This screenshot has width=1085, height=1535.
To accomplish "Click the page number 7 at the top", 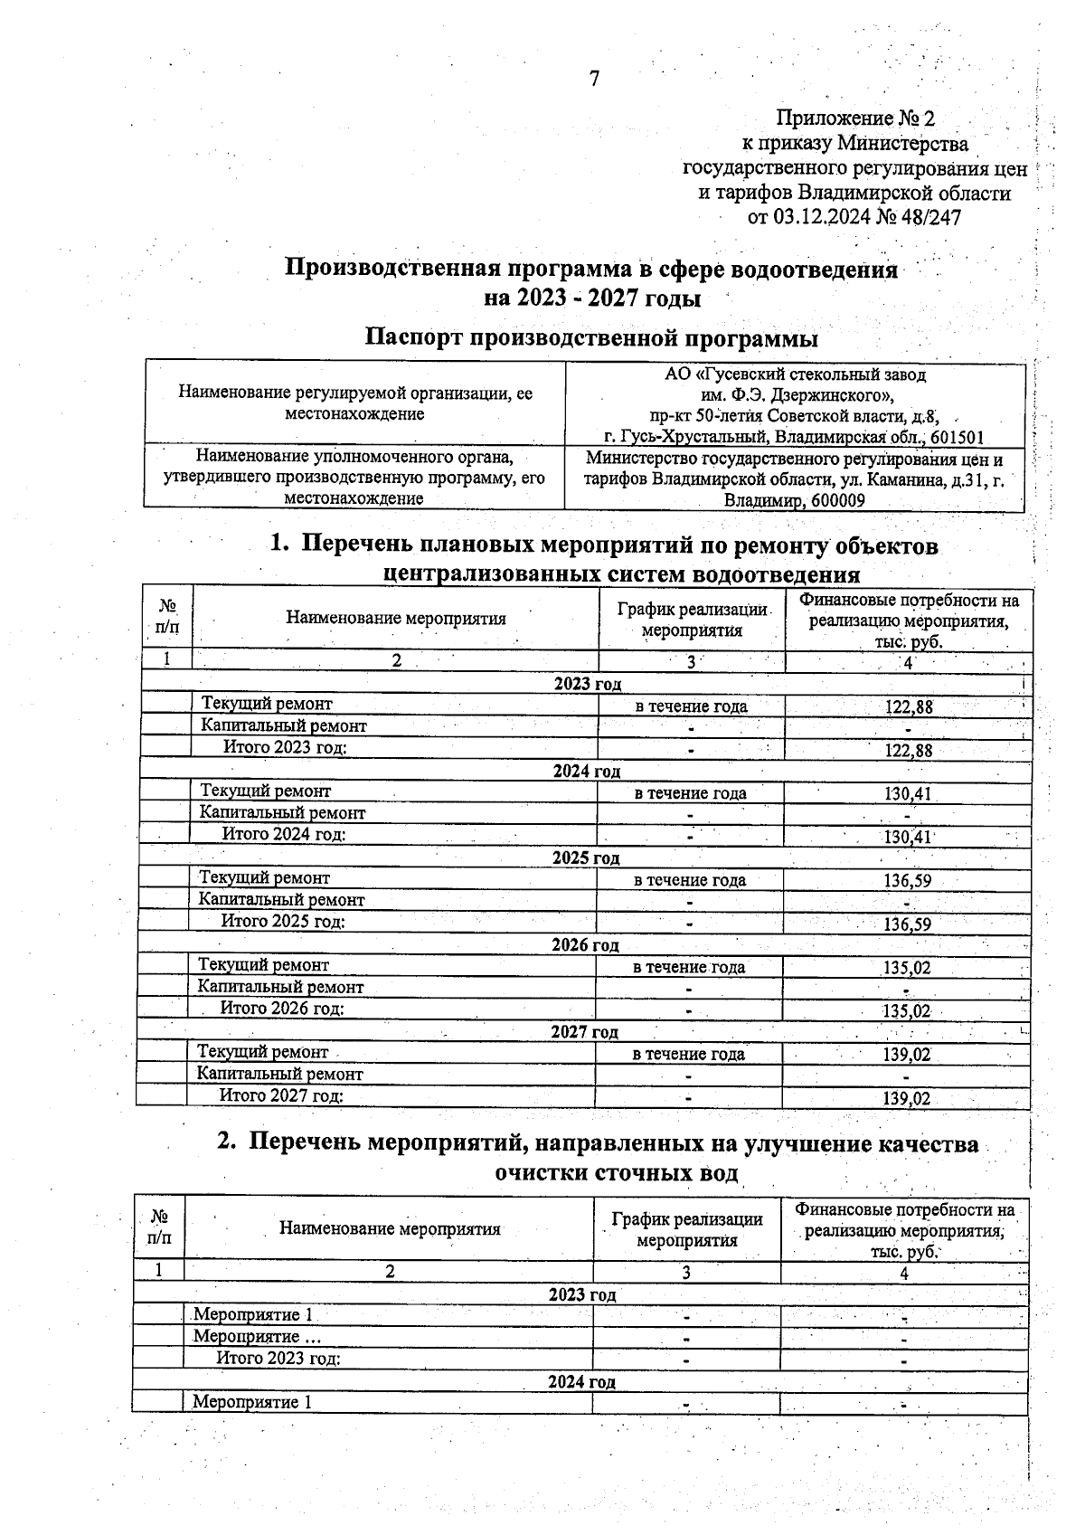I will (594, 80).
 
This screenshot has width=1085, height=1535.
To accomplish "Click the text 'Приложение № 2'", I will (855, 118).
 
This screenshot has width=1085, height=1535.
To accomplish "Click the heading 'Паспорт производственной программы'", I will (591, 338).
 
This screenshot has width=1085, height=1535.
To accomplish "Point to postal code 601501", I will (952, 438).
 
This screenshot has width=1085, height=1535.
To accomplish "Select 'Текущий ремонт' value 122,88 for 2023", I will (908, 707).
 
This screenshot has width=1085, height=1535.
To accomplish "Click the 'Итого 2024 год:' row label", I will (284, 834).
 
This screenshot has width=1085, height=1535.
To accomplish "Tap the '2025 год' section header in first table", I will (586, 858).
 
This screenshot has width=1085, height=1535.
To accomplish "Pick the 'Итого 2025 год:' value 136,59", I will (907, 924).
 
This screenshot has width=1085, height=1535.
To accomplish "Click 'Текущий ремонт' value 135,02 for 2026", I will (906, 968).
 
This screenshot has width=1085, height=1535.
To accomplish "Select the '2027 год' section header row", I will (584, 1032).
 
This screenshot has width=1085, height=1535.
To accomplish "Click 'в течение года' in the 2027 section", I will (688, 1055).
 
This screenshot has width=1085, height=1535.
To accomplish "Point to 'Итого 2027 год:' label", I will (281, 1096).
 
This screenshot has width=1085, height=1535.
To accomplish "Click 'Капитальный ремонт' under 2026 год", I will (280, 987).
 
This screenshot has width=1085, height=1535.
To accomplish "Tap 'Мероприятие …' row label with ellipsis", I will (257, 1337).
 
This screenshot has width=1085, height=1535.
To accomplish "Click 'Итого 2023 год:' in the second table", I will (278, 1359).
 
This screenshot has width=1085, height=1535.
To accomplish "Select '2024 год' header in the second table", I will (581, 1382).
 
